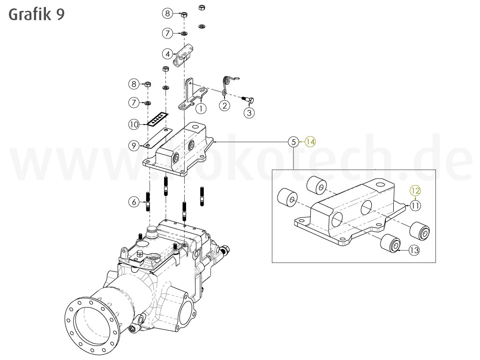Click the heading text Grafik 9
pos(37,15)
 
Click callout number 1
pos(201,108)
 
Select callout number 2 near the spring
pos(225,105)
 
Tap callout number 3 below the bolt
pos(249,112)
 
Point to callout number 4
pos(167,54)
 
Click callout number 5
pos(293,141)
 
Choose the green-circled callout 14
pos(310,141)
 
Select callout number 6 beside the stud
pos(134,202)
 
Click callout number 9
pos(134,146)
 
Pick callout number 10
pos(134,124)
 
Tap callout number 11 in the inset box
pos(415,205)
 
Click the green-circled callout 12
pos(415,190)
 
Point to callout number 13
pos(414,250)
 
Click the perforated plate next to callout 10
pos(158,119)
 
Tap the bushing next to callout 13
pos(391,243)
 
